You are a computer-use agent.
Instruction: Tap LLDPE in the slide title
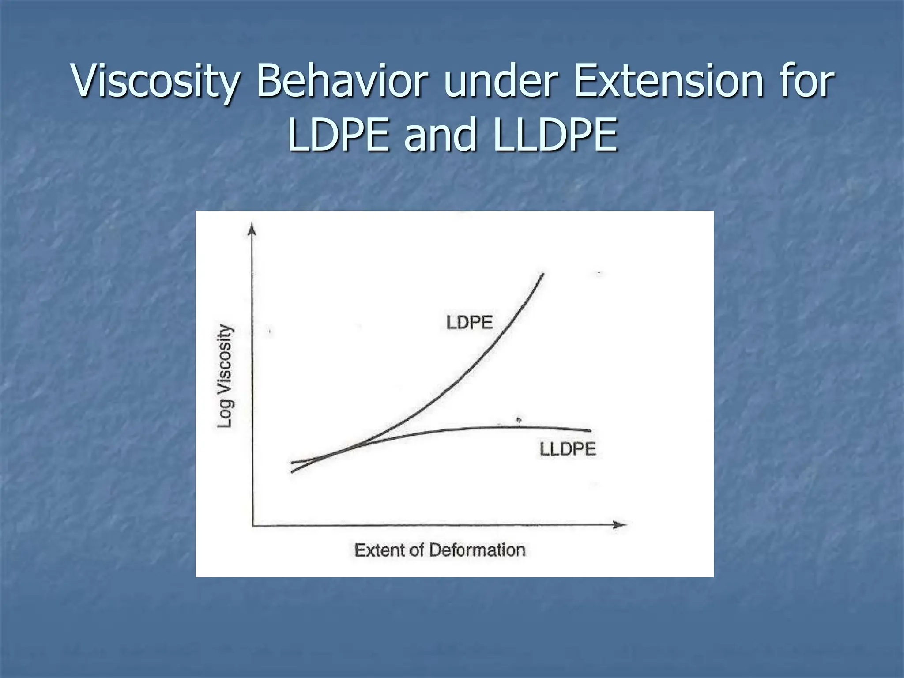pyautogui.click(x=556, y=135)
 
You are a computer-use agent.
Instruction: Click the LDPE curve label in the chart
pyautogui.click(x=469, y=323)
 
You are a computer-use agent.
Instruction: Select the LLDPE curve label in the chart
pyautogui.click(x=568, y=449)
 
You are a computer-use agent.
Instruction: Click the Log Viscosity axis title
pyautogui.click(x=225, y=376)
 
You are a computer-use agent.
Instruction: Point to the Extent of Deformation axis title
pyautogui.click(x=440, y=550)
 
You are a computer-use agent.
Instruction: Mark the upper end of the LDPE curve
pyautogui.click(x=543, y=275)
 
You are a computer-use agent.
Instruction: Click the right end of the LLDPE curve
pyautogui.click(x=590, y=431)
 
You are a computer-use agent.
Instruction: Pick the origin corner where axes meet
pyautogui.click(x=252, y=525)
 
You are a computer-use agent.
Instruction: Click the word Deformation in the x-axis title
pyautogui.click(x=477, y=550)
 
